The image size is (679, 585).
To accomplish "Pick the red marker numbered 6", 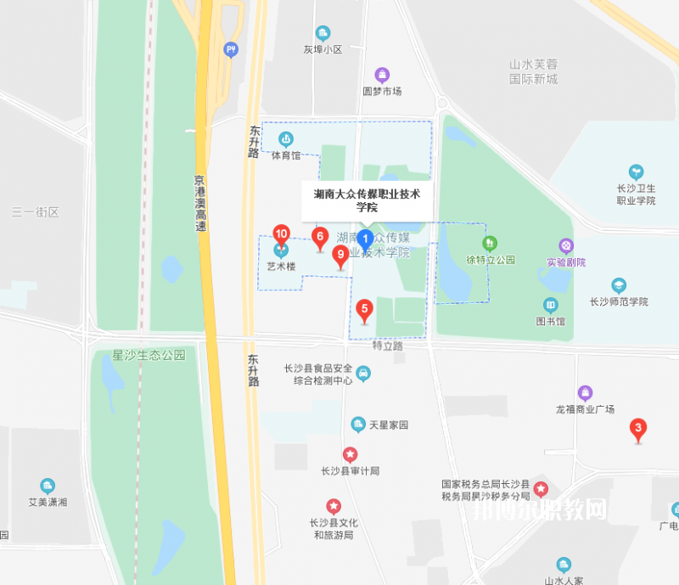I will click(320, 238).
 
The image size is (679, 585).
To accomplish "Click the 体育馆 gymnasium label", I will click(286, 155).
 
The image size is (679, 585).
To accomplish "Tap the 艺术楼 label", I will click(281, 266).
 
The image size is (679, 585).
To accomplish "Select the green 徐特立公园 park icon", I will click(490, 245).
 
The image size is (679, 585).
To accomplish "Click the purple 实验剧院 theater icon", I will click(566, 246).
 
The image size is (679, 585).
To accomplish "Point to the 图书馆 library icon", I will click(551, 306).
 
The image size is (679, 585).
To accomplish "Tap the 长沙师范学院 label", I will click(619, 301).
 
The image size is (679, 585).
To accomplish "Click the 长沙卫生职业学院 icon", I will click(636, 172).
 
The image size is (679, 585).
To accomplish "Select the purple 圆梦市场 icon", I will click(382, 75).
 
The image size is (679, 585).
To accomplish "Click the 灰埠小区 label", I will click(323, 49).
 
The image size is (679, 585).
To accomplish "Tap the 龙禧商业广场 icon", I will click(585, 393).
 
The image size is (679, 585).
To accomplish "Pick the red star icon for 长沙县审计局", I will click(350, 455).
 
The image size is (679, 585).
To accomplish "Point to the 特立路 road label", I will click(388, 346).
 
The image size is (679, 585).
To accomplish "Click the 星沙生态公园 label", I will click(149, 355).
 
